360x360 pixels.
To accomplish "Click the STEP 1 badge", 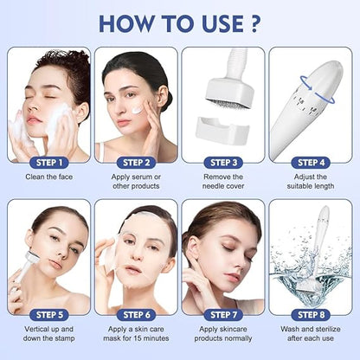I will coord(48,162).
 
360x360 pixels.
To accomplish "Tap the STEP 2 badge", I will coord(135,162).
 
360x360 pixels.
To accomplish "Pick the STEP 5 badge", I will coord(48,315).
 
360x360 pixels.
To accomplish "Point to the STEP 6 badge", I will coord(135,315).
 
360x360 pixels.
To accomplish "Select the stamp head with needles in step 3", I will coord(226,93).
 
